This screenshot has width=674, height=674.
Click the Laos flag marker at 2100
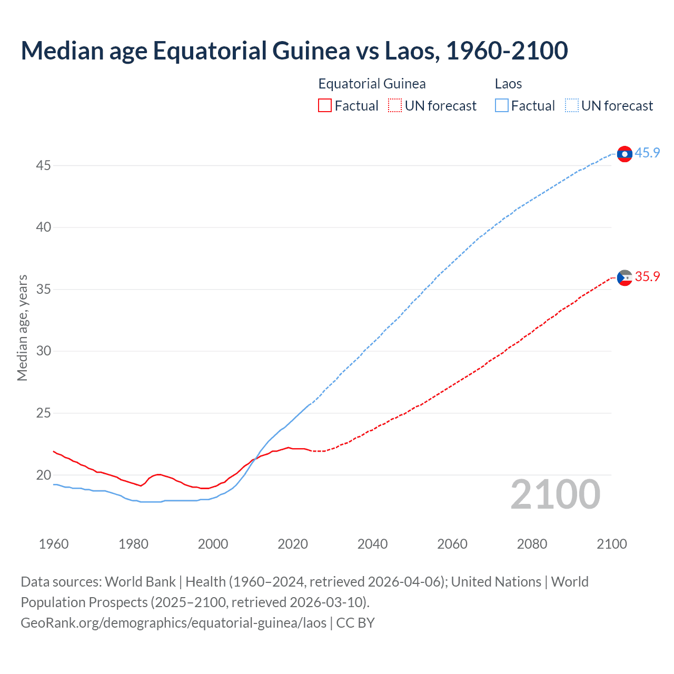pos(625,154)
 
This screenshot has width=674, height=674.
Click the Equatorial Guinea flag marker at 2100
pos(625,277)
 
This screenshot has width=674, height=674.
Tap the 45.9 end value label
pos(647,153)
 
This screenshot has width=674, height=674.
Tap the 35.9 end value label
pos(647,277)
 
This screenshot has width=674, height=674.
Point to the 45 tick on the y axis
pos(43,166)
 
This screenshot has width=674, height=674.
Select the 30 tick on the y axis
pos(43,351)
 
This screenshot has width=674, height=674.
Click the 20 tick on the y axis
pos(43,475)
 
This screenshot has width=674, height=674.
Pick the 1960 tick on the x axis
pos(54,544)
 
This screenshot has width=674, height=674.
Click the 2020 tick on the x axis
pos(293,544)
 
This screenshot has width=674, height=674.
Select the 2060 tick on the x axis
pos(452,544)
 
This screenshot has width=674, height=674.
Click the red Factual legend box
pos(325,106)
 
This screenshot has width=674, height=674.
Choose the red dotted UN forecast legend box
pos(395,106)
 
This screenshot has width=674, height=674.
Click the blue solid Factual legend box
pos(501,106)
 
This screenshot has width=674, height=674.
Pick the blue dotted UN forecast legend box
pos(571,106)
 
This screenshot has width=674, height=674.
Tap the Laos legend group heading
pos(508,84)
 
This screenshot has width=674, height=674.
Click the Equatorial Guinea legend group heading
pos(372,84)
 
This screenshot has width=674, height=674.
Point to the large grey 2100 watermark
pos(555,494)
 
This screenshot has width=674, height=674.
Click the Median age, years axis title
pos(22,328)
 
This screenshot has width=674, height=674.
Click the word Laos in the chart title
pos(410,51)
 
